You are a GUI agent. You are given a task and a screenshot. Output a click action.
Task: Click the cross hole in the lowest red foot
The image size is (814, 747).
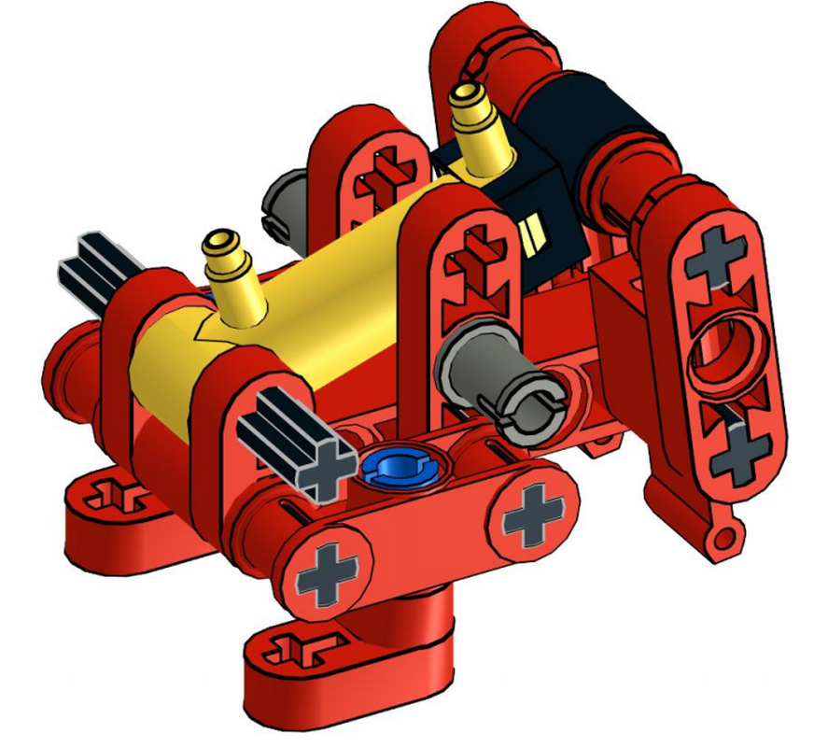(x=300, y=647)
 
